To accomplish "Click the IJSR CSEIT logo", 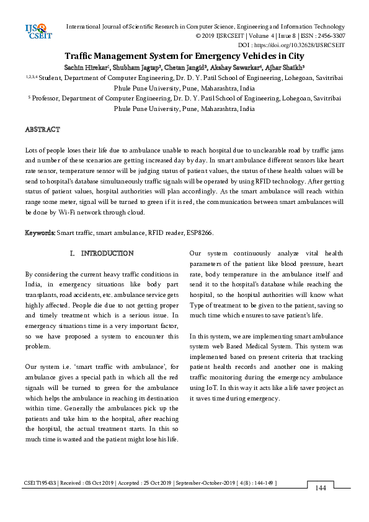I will [36, 31].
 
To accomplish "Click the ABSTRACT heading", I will [42, 130].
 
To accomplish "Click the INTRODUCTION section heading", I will [107, 254].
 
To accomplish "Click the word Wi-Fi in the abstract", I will [66, 211].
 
